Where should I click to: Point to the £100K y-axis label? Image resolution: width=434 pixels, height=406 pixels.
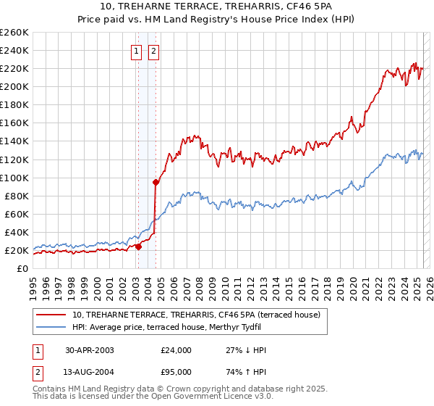(14, 178)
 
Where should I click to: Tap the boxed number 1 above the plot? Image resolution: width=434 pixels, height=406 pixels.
(137, 51)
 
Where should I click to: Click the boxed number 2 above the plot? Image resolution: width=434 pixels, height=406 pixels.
(155, 51)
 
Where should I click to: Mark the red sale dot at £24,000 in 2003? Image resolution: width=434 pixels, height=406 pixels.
(139, 246)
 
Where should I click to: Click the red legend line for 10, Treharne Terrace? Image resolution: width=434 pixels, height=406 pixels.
(52, 315)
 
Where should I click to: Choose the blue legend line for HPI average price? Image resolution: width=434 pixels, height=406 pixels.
(52, 326)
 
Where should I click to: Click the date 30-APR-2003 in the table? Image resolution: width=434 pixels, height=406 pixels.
(89, 350)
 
